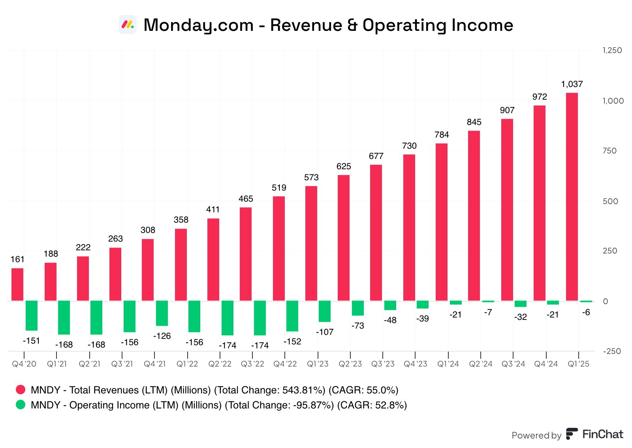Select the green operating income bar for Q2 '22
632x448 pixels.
coord(227,318)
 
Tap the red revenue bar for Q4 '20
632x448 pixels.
coord(17,285)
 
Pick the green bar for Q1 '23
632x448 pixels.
coord(325,311)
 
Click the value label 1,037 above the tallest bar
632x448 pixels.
coord(572,84)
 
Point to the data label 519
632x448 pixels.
coord(279,188)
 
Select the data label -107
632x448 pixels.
coord(325,332)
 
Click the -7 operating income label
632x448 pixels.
coord(488,312)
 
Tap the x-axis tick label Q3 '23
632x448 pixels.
coord(383,364)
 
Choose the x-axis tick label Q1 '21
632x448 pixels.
coord(57,364)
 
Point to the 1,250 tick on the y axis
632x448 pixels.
coord(612,50)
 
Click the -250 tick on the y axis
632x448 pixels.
coord(612,351)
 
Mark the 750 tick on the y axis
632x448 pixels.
coord(609,151)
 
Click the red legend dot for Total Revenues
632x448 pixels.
coord(21,390)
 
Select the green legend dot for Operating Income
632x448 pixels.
coord(21,405)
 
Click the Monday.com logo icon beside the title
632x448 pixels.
coord(128,25)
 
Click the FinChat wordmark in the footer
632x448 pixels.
coord(602,434)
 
